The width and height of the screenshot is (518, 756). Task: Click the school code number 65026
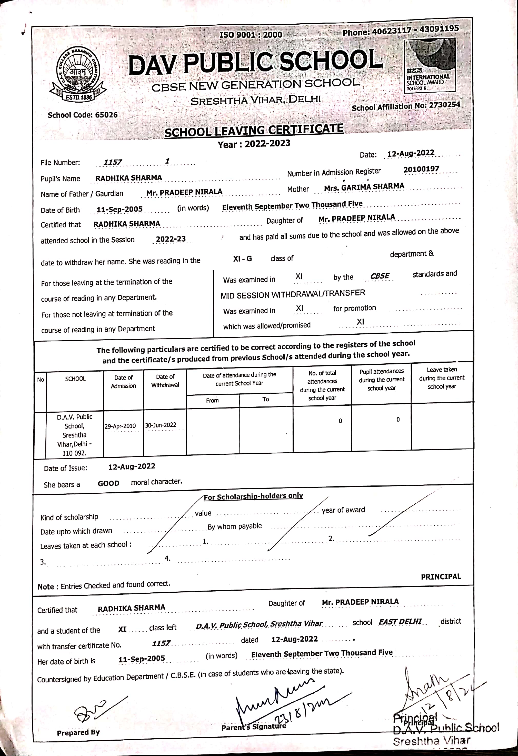tap(106, 115)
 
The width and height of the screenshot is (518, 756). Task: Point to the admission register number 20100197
tap(421, 169)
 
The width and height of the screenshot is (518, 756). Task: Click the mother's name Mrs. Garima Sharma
tap(364, 187)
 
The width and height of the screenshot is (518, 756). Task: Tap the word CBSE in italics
tap(380, 276)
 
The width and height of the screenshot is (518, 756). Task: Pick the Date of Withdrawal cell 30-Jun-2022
tap(161, 425)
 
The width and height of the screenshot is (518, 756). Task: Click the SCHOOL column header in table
tap(75, 379)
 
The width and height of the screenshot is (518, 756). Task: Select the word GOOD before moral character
tap(108, 483)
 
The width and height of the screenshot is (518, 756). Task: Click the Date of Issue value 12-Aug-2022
tap(132, 466)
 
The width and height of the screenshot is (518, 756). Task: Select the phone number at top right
tap(401, 30)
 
